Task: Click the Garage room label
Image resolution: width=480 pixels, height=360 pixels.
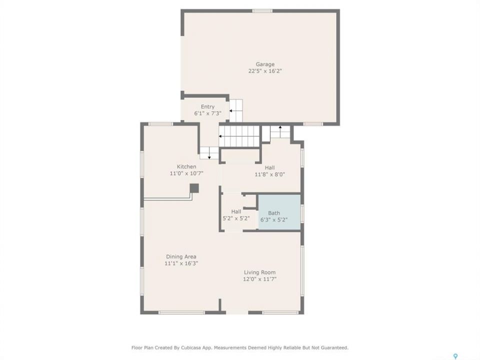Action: pyautogui.click(x=265, y=64)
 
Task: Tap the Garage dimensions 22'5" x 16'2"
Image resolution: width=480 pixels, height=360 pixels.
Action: pyautogui.click(x=265, y=71)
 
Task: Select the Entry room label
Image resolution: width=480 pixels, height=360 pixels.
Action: pyautogui.click(x=207, y=107)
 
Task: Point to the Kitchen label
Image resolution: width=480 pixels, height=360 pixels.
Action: pyautogui.click(x=186, y=167)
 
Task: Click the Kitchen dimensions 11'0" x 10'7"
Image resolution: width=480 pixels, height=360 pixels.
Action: pyautogui.click(x=186, y=173)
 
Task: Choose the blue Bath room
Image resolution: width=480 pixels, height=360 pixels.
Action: pyautogui.click(x=279, y=212)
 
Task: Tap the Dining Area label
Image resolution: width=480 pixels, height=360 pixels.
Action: pyautogui.click(x=181, y=257)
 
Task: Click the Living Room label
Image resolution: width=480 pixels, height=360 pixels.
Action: pyautogui.click(x=259, y=272)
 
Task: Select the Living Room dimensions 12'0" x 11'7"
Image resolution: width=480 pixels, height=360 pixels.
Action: pyautogui.click(x=259, y=279)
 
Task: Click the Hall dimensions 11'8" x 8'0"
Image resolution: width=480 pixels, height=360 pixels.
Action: pyautogui.click(x=269, y=175)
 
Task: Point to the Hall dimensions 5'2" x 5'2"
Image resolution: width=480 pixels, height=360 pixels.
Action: pyautogui.click(x=236, y=218)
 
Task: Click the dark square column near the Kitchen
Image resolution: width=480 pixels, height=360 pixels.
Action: pyautogui.click(x=194, y=188)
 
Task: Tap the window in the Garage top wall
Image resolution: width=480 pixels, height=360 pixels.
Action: pyautogui.click(x=262, y=11)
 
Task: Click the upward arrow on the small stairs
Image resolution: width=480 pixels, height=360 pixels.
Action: pyautogui.click(x=280, y=128)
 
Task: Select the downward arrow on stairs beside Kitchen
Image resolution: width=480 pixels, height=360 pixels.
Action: pyautogui.click(x=209, y=153)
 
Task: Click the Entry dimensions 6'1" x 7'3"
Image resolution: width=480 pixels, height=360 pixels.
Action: pyautogui.click(x=207, y=113)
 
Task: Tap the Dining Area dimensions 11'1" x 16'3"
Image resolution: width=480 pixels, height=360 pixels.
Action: pyautogui.click(x=181, y=263)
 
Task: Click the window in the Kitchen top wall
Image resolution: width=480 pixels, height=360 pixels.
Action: pyautogui.click(x=160, y=124)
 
